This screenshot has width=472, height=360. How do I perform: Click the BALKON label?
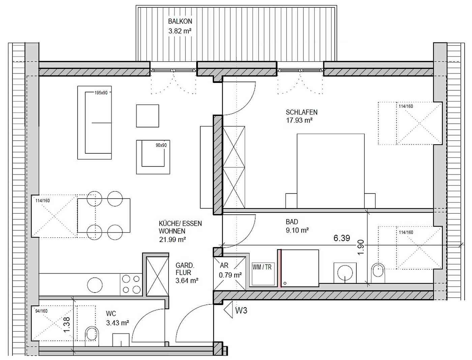(180, 21)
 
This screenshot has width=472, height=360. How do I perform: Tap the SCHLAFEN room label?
(301, 112)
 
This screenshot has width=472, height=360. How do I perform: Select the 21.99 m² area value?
(173, 239)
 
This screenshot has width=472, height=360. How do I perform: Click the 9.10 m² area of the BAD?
(297, 230)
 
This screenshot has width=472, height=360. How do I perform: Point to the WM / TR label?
(262, 267)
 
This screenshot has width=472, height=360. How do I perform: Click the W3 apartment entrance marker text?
(241, 310)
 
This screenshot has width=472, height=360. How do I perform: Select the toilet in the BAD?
(378, 273)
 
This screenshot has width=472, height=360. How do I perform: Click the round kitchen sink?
(95, 285)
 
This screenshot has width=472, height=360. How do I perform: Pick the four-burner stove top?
(131, 284)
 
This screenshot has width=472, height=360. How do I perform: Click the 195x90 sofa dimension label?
(101, 93)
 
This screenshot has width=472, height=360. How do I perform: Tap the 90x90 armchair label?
(161, 145)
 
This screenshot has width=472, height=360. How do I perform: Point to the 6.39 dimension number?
(342, 238)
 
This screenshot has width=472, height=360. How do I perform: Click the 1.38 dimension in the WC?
(67, 325)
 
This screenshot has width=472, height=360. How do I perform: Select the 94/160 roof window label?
(41, 311)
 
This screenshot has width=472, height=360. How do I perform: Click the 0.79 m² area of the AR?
(230, 275)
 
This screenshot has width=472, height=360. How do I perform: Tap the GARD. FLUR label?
(185, 269)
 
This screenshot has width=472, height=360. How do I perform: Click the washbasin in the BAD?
(345, 273)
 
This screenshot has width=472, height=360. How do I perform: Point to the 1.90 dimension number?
(361, 247)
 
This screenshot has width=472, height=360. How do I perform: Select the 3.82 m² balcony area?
(180, 31)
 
